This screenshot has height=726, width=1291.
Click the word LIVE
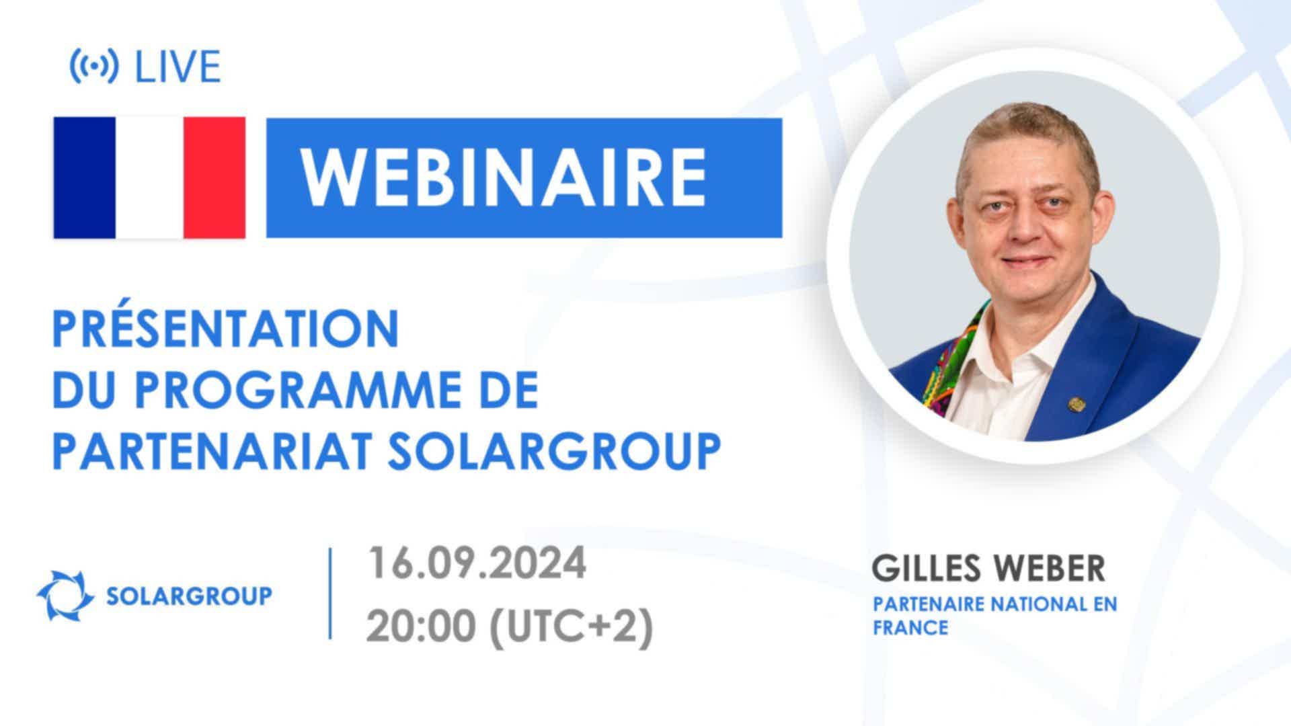tap(178, 67)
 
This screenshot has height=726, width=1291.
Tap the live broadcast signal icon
tap(94, 67)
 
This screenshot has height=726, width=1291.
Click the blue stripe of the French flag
tap(85, 177)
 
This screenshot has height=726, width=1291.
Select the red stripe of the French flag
tap(214, 177)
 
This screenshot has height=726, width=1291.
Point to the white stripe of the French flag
tap(149, 177)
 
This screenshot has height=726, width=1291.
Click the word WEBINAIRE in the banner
tap(503, 177)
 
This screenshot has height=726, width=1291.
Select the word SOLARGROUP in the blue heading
tap(554, 451)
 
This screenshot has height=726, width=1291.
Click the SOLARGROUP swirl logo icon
tap(65, 595)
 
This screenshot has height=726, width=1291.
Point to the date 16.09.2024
tap(477, 564)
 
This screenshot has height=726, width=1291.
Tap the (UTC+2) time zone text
tap(571, 629)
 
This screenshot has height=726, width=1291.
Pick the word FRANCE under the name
tap(910, 628)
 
